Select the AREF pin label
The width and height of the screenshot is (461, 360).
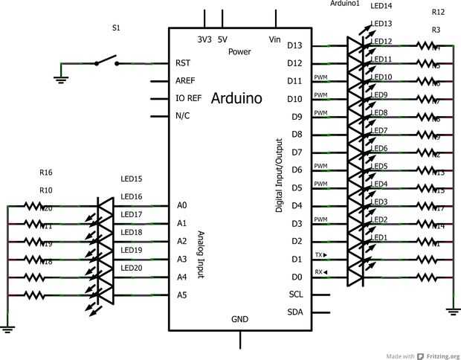(186, 80)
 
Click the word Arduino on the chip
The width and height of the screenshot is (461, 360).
(236, 97)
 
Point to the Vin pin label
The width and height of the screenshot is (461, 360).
(274, 39)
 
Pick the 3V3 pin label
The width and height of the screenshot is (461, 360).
(204, 39)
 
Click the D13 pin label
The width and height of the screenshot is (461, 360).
(294, 45)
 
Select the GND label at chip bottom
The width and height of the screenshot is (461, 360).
(239, 319)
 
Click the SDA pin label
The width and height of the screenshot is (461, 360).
(295, 312)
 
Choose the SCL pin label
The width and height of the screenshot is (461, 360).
(295, 294)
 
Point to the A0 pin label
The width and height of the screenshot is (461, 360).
(182, 205)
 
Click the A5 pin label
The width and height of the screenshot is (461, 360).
(182, 295)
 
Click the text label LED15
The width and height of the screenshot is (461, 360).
(131, 179)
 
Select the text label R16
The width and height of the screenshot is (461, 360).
(46, 173)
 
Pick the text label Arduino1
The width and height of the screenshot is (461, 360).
(344, 4)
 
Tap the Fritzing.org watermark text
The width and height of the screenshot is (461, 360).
(438, 355)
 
